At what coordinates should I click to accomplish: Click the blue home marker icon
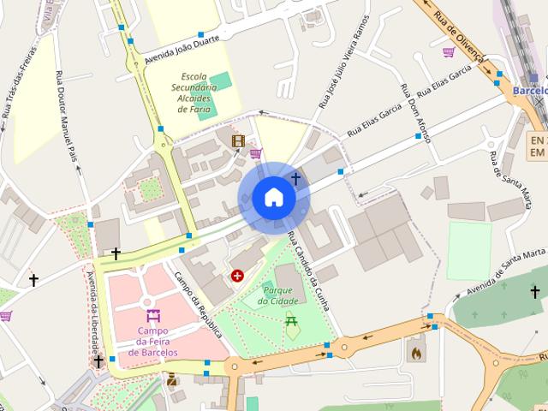(x=273, y=198)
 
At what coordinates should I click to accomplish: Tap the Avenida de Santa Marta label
(x=512, y=269)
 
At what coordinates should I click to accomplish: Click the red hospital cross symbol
(x=237, y=276)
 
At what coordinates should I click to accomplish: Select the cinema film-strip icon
(x=237, y=141)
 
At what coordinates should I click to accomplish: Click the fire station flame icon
(x=417, y=352)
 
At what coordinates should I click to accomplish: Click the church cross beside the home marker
(x=296, y=179)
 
